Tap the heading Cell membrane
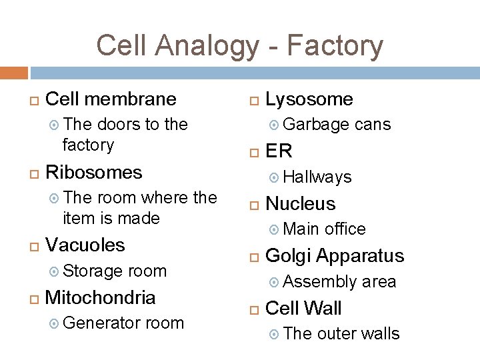111,99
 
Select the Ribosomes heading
93,173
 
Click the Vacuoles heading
85,245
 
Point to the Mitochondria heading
100,297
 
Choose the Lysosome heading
309,99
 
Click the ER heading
279,151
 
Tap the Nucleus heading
300,203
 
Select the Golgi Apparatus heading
335,256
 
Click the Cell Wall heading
303,308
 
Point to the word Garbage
316,125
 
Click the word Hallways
317,177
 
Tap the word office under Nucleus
345,229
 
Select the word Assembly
320,281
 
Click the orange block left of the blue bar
14,73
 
